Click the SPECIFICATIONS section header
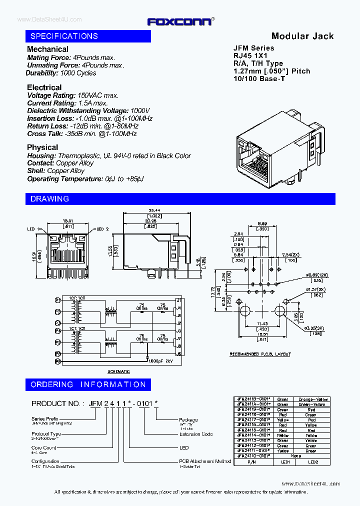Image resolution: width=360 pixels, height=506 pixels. coord(64,36)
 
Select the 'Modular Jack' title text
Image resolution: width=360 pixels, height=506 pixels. coord(302,36)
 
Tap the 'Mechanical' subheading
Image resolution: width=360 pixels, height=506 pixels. coord(47,49)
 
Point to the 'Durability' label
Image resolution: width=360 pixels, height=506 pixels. coord(42,73)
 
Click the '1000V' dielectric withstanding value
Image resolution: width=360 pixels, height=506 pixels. coord(140,110)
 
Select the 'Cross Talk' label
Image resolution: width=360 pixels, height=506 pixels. coord(44,134)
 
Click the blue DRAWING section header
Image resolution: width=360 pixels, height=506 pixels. coord(50,198)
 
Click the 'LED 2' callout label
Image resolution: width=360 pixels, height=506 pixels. coord(102,228)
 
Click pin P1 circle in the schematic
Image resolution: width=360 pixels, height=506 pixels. coord(57,300)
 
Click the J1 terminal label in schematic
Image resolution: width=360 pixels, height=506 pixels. coord(178,300)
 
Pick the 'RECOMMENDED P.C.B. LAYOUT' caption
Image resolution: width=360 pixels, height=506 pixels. coord(260,354)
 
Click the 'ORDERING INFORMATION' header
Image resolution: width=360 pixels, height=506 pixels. coord(88,384)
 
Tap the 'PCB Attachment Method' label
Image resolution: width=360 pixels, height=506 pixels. coord(205,461)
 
